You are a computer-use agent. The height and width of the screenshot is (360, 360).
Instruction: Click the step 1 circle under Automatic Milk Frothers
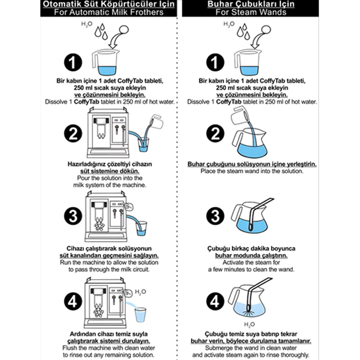point(73,63)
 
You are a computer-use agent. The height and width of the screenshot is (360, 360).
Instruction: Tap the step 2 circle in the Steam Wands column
point(215,133)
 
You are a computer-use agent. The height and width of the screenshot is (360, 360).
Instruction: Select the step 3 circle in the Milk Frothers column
point(73,216)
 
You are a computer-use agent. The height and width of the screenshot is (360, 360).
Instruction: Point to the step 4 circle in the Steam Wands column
point(215,301)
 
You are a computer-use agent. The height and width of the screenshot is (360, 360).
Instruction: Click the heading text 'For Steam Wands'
point(251,12)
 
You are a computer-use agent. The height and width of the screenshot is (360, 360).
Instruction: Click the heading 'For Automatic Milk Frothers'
point(108,12)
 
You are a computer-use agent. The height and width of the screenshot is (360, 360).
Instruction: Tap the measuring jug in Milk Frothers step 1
point(106,62)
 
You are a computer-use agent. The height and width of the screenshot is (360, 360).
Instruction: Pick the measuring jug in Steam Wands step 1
point(248,62)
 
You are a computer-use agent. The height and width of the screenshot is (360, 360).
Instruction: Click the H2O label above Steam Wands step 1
point(229,24)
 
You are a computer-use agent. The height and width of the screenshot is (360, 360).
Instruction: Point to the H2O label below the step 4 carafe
point(249,324)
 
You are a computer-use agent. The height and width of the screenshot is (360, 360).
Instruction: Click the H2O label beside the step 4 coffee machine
point(140,292)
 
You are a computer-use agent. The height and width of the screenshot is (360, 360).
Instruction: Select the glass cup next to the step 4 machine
point(140,315)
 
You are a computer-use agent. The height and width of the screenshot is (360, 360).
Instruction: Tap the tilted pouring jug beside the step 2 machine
point(156,121)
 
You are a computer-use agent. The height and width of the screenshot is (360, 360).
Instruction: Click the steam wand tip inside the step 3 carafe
point(250,227)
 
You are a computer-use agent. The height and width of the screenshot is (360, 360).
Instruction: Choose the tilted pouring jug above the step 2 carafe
point(240,116)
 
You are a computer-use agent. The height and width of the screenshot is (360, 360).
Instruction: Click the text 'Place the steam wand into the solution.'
point(252,171)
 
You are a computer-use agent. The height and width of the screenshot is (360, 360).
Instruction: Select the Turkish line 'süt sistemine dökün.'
point(110,171)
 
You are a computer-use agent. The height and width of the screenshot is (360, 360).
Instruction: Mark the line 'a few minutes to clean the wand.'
point(251,269)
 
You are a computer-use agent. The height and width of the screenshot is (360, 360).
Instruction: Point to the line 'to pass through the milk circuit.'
point(109,269)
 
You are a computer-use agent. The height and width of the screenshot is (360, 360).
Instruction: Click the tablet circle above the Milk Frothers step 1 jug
point(124,30)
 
